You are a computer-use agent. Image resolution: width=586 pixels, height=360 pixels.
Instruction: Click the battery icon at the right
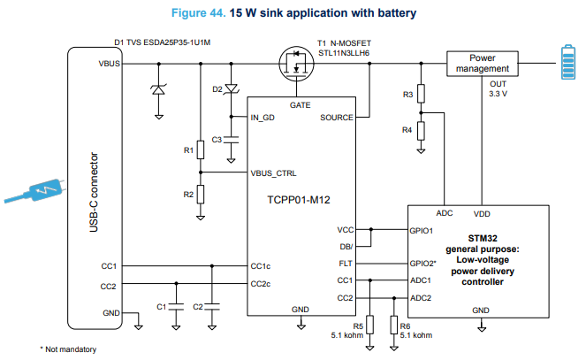click(x=568, y=62)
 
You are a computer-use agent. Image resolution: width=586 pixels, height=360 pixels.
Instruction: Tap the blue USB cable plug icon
click(x=35, y=191)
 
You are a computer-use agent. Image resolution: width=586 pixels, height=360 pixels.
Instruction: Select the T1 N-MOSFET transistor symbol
click(x=296, y=64)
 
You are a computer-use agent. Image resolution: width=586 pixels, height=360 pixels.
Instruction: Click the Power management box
click(x=482, y=64)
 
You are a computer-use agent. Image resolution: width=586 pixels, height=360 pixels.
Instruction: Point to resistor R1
click(x=201, y=149)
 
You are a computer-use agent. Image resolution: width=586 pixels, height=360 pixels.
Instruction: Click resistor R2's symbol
click(x=201, y=195)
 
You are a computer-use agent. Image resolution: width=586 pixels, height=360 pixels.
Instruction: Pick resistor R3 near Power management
click(x=422, y=94)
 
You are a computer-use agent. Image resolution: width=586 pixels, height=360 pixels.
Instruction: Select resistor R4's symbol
click(x=422, y=131)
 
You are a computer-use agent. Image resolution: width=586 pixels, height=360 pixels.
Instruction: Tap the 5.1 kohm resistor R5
click(x=370, y=325)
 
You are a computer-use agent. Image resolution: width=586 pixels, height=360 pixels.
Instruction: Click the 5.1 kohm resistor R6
click(x=394, y=325)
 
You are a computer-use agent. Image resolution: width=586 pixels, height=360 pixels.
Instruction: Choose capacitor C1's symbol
click(x=176, y=307)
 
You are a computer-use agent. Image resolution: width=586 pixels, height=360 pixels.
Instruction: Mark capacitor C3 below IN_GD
click(x=231, y=140)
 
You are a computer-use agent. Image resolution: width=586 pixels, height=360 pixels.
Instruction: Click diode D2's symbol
click(x=232, y=89)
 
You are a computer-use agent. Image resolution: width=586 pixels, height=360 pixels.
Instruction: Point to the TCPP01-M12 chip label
click(x=299, y=200)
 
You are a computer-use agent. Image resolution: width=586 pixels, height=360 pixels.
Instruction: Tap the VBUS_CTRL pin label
click(x=273, y=173)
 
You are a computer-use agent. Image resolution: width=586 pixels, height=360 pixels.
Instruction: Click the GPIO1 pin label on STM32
click(x=422, y=231)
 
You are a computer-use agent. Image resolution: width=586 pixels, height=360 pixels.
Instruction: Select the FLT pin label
click(x=346, y=264)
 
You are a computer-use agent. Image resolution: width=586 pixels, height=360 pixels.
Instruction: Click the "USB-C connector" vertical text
click(x=94, y=192)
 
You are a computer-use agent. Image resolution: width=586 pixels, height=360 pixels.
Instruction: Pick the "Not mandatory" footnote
click(x=68, y=349)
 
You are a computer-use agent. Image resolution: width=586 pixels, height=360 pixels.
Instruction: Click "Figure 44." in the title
click(x=199, y=13)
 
